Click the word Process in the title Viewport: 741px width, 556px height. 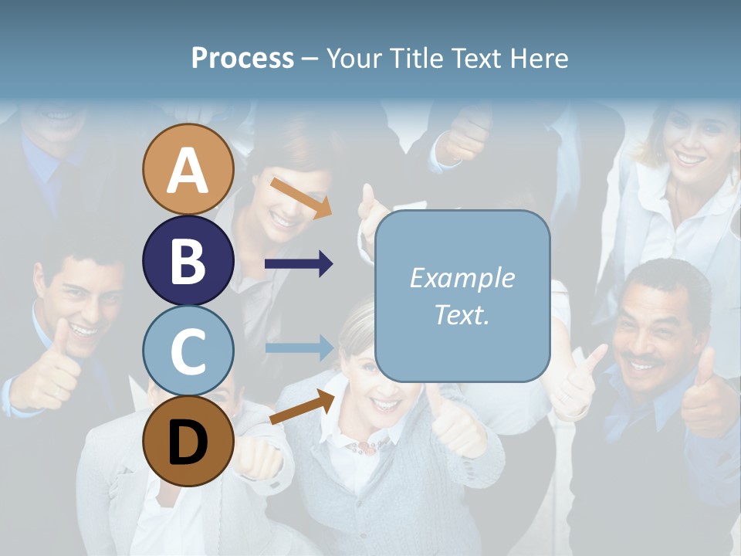tap(242, 59)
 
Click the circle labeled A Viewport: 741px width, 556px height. tap(188, 169)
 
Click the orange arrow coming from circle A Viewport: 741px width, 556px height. tap(300, 196)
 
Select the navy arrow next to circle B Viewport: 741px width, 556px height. tap(299, 264)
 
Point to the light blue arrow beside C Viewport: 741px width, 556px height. tap(299, 347)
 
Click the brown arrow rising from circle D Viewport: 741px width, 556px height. tap(302, 407)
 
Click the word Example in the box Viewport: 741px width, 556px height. tap(462, 278)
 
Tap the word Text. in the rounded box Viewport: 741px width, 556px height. tap(462, 314)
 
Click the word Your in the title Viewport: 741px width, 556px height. tap(354, 59)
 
